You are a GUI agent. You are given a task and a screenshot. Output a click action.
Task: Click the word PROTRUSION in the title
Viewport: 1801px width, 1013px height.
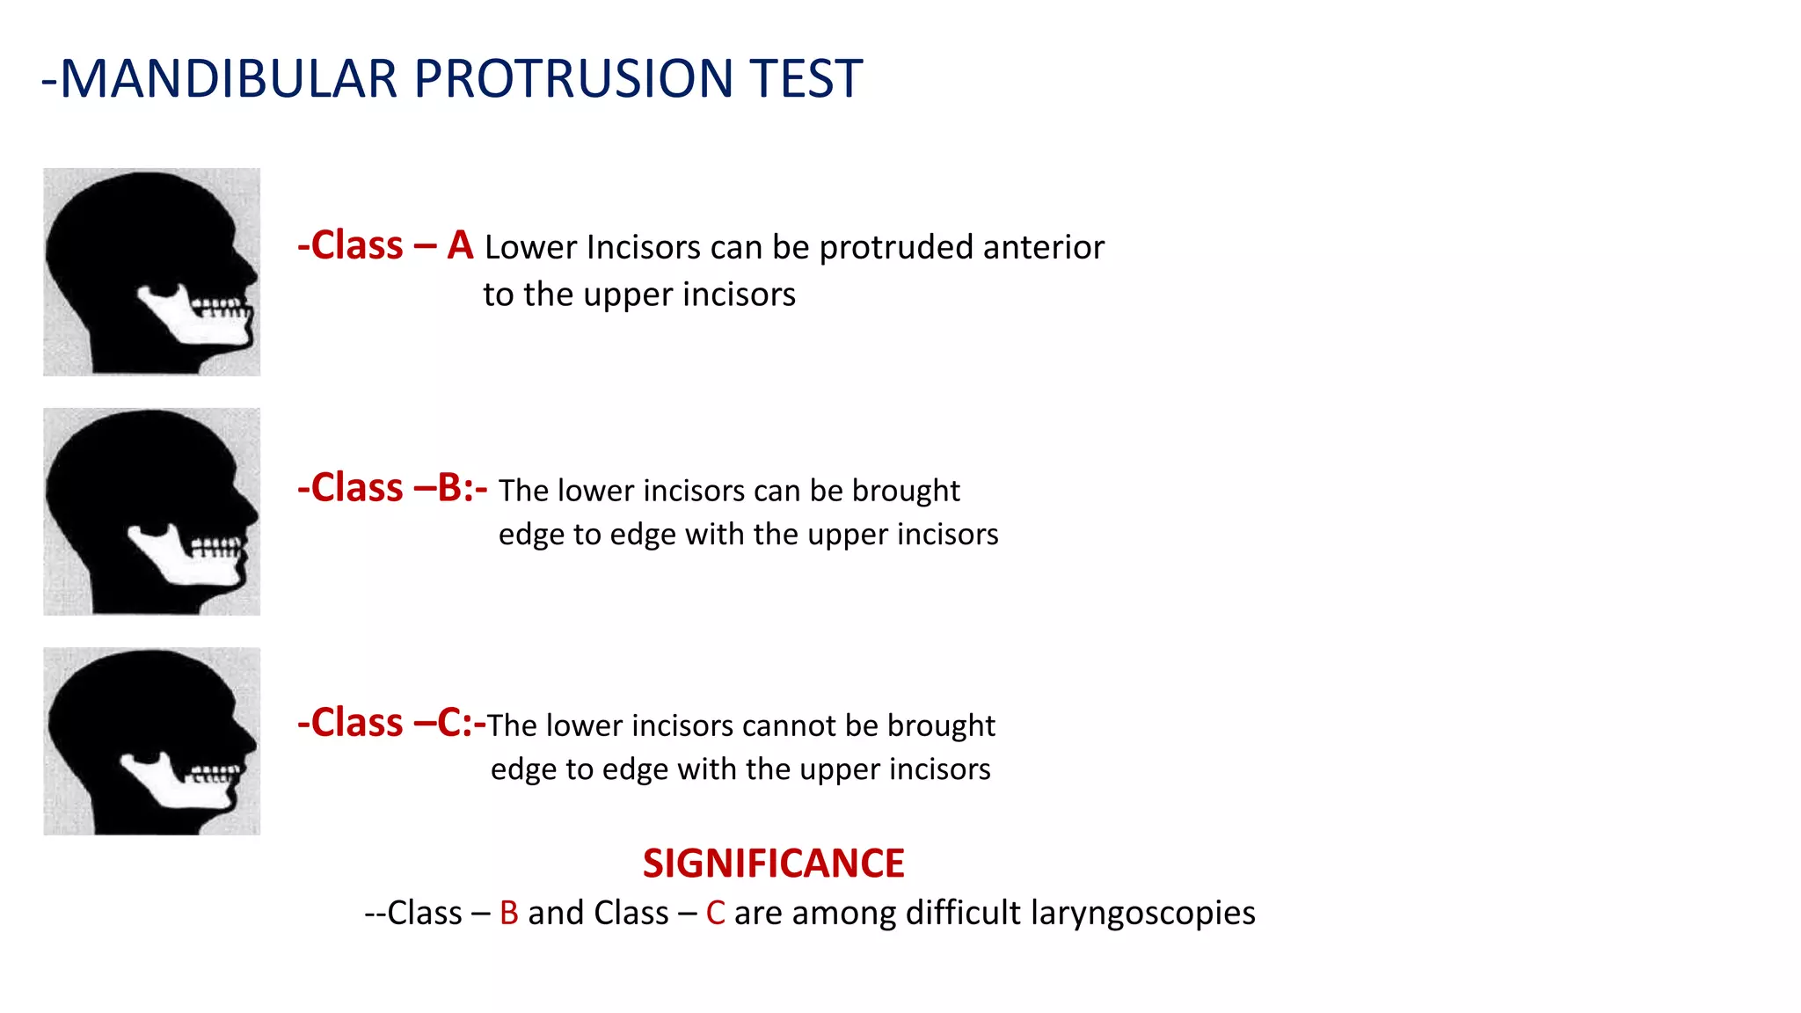[x=573, y=79]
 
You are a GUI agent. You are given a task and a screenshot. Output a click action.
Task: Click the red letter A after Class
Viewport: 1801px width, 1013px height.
[x=460, y=245]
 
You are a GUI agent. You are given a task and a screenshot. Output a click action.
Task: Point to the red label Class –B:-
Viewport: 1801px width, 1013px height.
[x=392, y=488]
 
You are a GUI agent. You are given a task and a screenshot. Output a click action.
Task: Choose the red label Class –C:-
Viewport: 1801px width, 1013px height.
[x=391, y=723]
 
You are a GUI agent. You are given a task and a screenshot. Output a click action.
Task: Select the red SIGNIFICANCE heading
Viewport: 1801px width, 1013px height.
[x=773, y=864]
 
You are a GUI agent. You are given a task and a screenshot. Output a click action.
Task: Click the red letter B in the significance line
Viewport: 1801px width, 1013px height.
[x=508, y=914]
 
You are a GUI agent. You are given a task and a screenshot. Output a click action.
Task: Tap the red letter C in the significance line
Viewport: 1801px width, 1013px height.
[x=715, y=914]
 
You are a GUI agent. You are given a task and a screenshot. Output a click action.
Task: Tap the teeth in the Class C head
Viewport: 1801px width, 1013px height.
[x=214, y=774]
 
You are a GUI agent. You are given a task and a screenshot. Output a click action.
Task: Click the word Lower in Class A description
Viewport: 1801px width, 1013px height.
[x=530, y=248]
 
